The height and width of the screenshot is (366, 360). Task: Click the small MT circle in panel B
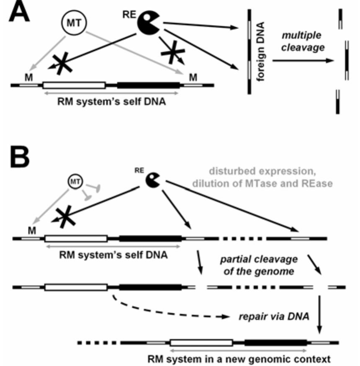click(75, 181)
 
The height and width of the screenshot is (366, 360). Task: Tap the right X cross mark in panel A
click(172, 52)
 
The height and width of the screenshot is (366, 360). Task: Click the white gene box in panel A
click(74, 85)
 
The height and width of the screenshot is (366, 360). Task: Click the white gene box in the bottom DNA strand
click(201, 343)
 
